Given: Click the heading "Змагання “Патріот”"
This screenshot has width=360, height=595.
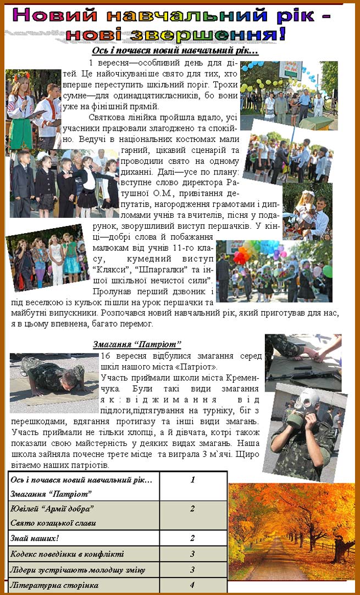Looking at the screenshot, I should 137,345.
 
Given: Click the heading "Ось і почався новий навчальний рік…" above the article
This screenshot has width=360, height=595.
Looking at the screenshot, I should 175,51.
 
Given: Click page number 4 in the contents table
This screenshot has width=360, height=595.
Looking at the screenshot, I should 192,585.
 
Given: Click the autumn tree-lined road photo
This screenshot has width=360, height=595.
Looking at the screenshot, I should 291,531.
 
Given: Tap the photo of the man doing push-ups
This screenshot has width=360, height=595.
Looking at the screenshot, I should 54,376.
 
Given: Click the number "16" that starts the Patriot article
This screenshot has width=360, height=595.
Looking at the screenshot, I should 107,356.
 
